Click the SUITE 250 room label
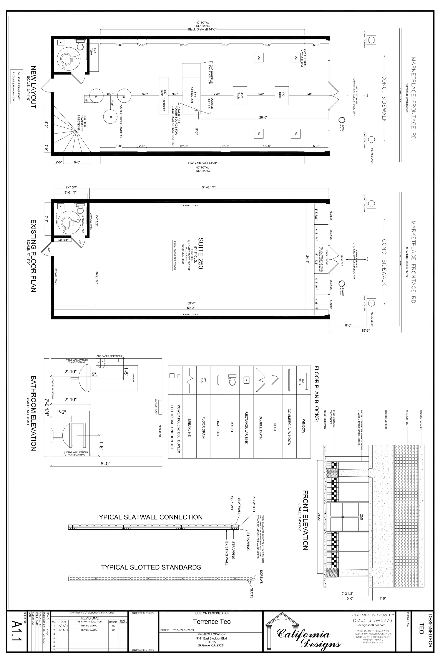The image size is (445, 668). click(x=201, y=253)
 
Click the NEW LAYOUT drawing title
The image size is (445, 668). click(x=33, y=87)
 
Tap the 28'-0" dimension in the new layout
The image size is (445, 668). click(x=263, y=117)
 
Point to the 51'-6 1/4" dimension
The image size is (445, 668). click(x=209, y=187)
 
